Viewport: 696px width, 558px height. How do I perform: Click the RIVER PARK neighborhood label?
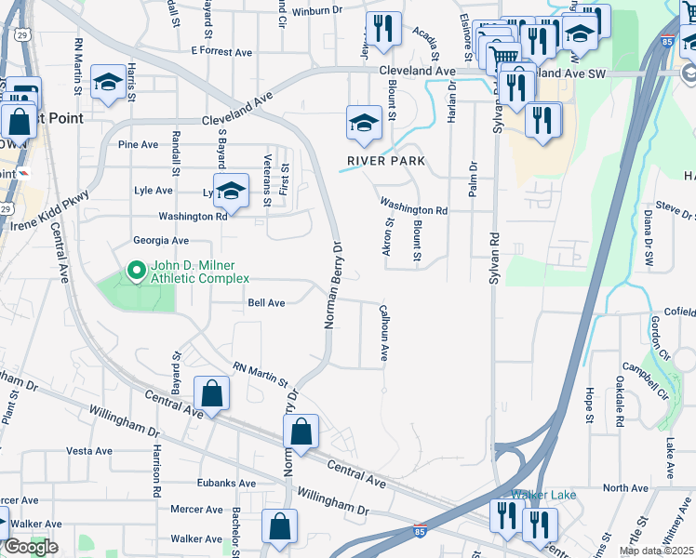386,161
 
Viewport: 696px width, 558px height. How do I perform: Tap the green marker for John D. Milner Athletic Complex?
136,272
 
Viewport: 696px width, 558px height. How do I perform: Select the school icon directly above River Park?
364,124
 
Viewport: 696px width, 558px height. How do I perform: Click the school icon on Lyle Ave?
232,192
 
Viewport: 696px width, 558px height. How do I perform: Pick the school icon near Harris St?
108,84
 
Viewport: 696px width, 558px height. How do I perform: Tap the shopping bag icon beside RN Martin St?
212,394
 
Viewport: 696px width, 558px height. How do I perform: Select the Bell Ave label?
266,303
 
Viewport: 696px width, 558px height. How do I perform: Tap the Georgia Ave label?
154,240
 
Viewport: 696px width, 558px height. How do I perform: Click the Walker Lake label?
543,494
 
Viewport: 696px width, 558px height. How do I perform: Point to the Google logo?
31,547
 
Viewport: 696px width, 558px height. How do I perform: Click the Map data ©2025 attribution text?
656,551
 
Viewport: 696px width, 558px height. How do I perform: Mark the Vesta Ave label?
90,451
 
